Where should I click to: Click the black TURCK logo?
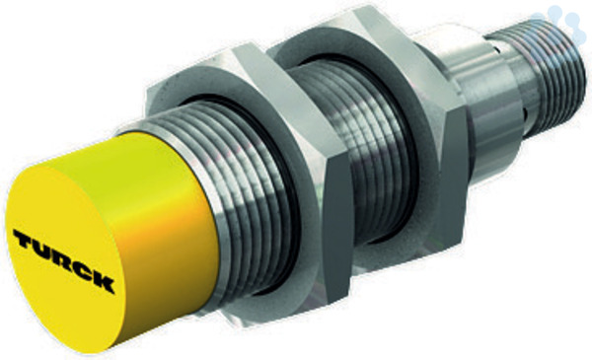click(x=63, y=259)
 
